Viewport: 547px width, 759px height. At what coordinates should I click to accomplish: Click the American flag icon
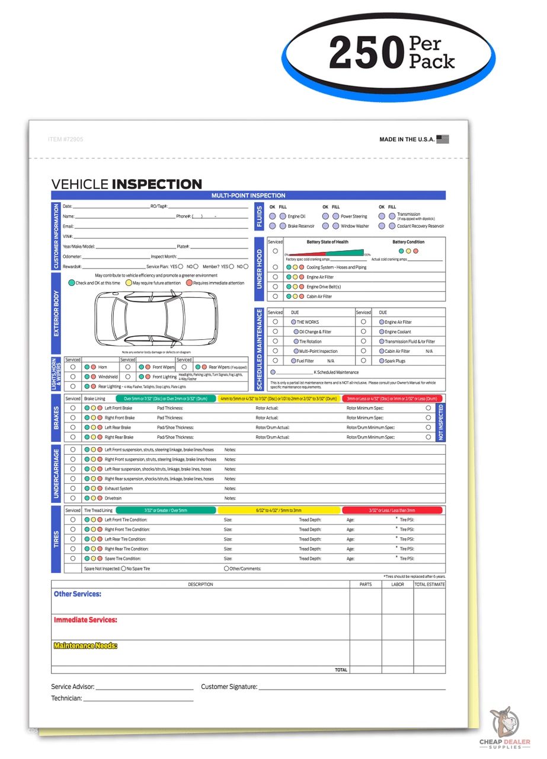(x=442, y=139)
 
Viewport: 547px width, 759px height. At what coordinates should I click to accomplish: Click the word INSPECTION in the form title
(x=157, y=184)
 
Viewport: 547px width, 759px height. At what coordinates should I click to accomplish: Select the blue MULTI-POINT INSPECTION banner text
(x=248, y=195)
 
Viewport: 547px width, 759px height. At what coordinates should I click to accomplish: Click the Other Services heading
(x=78, y=594)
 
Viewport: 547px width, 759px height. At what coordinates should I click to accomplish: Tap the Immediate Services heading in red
(x=85, y=620)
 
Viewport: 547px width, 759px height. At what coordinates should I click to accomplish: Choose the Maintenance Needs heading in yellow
(x=85, y=646)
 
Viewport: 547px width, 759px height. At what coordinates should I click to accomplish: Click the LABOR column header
(x=398, y=584)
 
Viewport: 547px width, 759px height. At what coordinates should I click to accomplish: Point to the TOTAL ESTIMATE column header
(x=430, y=584)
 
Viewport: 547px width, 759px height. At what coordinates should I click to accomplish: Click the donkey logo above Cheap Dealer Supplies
(x=503, y=723)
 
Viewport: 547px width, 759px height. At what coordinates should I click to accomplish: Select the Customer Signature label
(x=229, y=687)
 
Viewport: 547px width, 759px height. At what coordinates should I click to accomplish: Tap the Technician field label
(x=66, y=699)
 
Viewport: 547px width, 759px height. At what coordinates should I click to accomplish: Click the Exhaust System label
(x=119, y=489)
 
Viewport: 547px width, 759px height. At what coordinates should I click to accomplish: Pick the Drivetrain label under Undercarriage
(x=113, y=498)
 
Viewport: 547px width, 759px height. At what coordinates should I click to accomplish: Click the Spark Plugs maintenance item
(x=395, y=361)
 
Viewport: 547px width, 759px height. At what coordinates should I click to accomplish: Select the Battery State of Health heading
(x=328, y=242)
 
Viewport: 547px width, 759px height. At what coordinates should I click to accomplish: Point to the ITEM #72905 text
(x=65, y=139)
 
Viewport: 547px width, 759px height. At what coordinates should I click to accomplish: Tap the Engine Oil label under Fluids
(x=296, y=216)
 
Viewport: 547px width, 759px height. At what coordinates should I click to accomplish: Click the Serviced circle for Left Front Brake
(x=73, y=408)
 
